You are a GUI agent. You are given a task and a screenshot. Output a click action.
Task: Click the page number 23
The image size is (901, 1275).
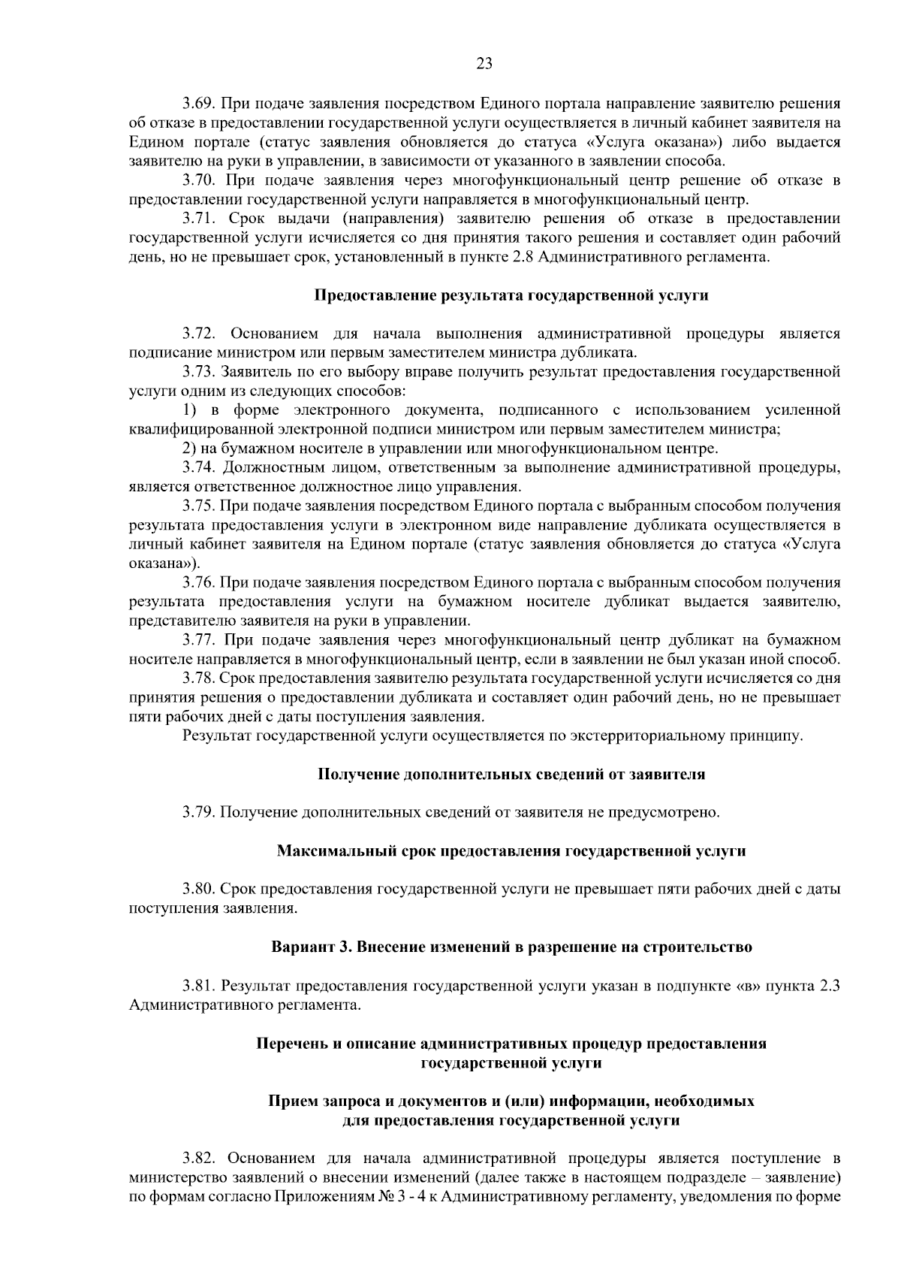coord(484,64)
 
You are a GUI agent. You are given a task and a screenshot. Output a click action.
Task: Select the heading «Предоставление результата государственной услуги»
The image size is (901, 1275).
coord(511,295)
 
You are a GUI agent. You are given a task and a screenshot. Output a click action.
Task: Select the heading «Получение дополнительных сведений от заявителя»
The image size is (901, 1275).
coord(511,774)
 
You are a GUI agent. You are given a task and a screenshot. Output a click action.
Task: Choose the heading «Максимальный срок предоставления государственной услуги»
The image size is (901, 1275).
coord(511,851)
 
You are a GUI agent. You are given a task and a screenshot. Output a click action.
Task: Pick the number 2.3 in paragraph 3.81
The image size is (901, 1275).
coord(830,986)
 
